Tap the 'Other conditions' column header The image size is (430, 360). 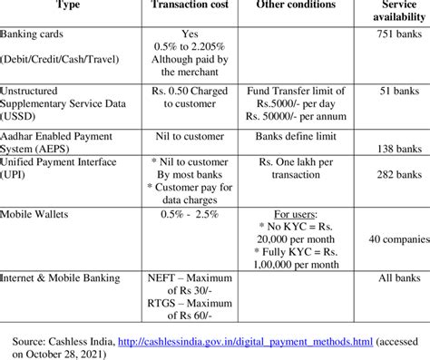291,5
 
